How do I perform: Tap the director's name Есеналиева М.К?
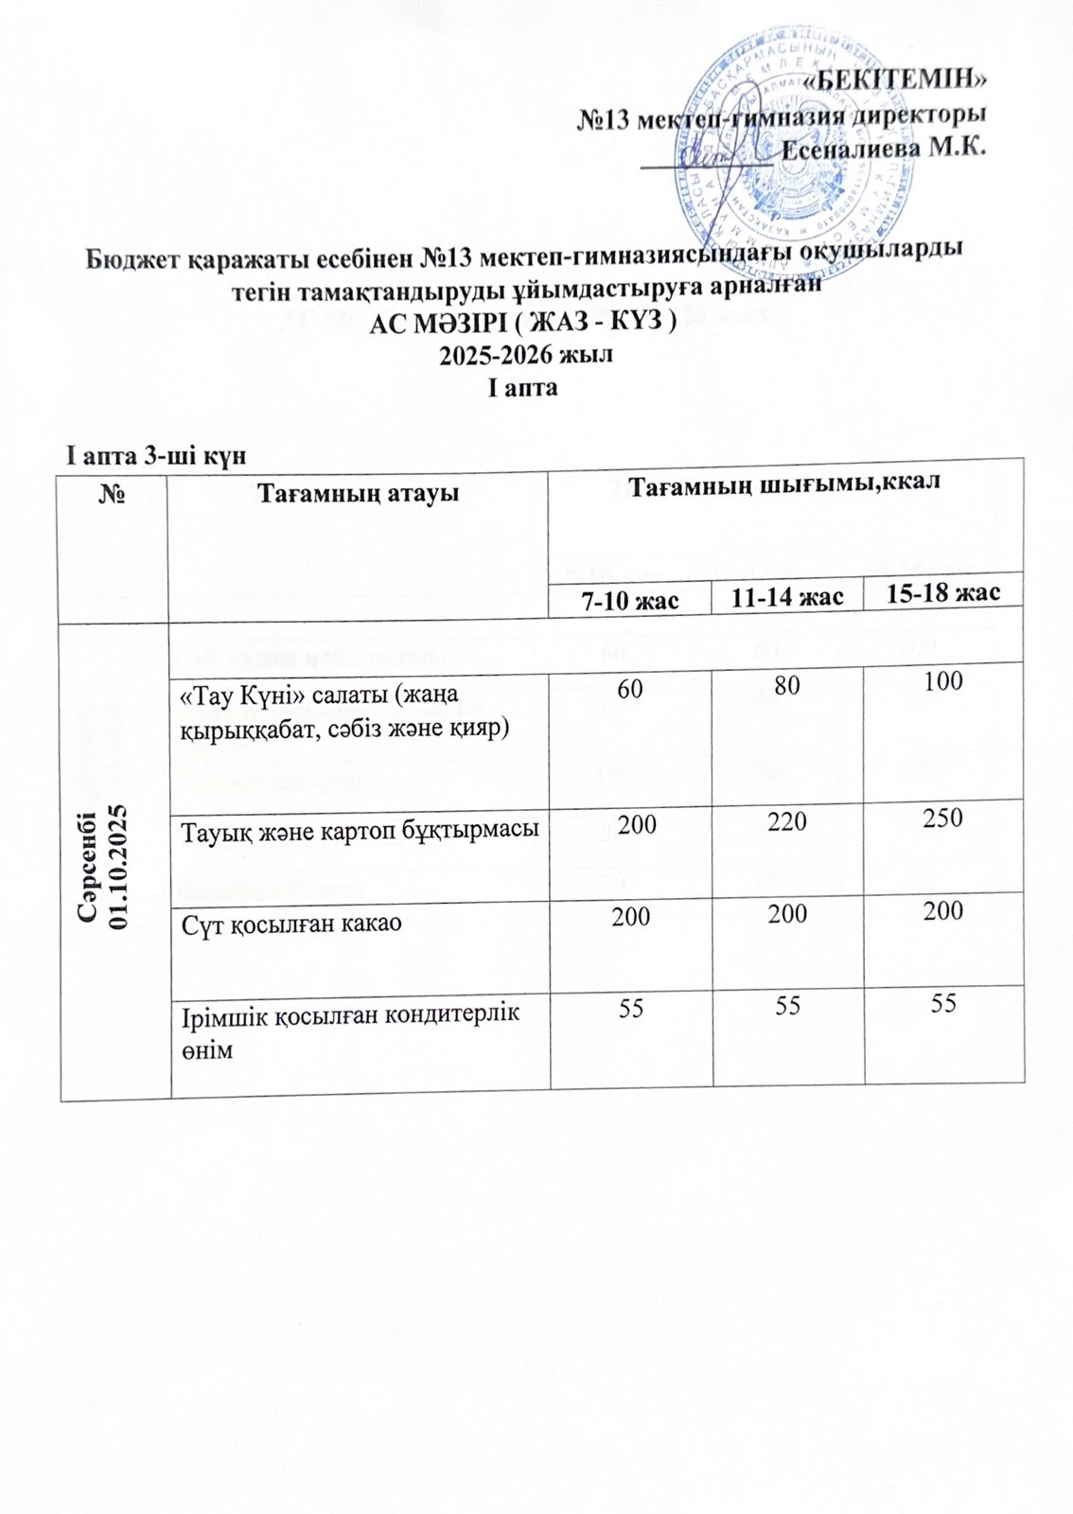click(x=886, y=148)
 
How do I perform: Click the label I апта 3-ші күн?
click(x=155, y=455)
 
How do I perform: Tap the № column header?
click(x=114, y=494)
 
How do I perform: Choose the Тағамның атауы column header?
click(x=359, y=493)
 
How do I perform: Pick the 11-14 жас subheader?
click(x=787, y=597)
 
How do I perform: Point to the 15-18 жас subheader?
click(x=943, y=592)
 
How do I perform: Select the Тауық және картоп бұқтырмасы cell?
click(x=360, y=830)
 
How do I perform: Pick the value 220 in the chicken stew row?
click(x=787, y=820)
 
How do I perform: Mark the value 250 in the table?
click(x=942, y=818)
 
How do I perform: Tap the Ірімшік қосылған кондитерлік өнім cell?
click(x=351, y=1030)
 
